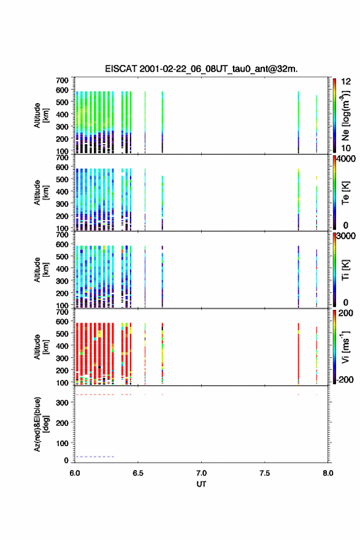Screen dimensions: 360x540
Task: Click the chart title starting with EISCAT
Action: tap(201, 69)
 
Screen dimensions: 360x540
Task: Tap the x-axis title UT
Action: tap(201, 484)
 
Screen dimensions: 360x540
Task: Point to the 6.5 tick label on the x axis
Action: tap(137, 473)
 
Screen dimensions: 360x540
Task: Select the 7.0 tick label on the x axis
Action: tap(201, 473)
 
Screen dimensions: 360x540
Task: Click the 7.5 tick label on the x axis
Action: tap(265, 473)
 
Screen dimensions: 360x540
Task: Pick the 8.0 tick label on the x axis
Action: tap(328, 473)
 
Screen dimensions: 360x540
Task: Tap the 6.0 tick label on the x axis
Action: tap(75, 473)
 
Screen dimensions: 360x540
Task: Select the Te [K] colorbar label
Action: tap(345, 193)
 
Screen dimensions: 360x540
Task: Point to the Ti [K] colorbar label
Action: tap(345, 269)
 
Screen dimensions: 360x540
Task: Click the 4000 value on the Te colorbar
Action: tap(346, 159)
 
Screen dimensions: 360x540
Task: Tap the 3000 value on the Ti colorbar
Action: tap(346, 236)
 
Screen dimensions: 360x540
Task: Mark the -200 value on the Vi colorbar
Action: tap(345, 379)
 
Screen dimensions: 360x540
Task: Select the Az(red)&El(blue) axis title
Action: tap(41, 424)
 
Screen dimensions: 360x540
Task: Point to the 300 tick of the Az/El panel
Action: tap(63, 403)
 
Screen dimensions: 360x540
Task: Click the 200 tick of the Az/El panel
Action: tap(63, 423)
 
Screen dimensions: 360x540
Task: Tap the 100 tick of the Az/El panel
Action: tap(63, 443)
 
